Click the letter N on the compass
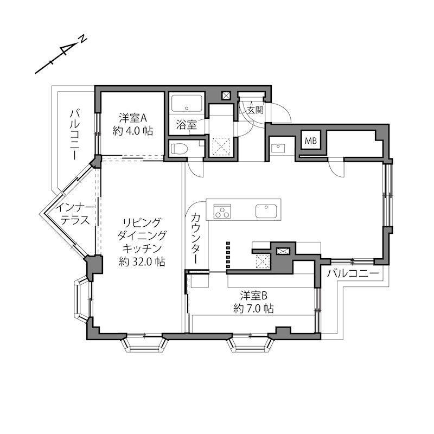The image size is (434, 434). pyautogui.click(x=83, y=39)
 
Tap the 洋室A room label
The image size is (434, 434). pyautogui.click(x=133, y=118)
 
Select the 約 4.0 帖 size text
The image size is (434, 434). pyautogui.click(x=133, y=131)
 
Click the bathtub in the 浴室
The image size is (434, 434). pyautogui.click(x=187, y=103)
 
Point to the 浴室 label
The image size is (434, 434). pyautogui.click(x=187, y=125)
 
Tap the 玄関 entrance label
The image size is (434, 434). pyautogui.click(x=255, y=110)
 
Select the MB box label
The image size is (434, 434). pyautogui.click(x=311, y=141)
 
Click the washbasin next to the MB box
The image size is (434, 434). pyautogui.click(x=278, y=148)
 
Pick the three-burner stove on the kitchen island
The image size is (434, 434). pyautogui.click(x=222, y=212)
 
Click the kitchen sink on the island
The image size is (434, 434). pyautogui.click(x=266, y=212)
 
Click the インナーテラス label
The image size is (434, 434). pyautogui.click(x=75, y=213)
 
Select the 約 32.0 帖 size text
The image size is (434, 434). pyautogui.click(x=142, y=261)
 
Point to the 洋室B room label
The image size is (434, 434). pyautogui.click(x=253, y=296)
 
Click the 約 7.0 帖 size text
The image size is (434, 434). pyautogui.click(x=253, y=309)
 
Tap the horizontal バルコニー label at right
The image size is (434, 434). pyautogui.click(x=353, y=274)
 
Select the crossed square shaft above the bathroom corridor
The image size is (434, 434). pyautogui.click(x=226, y=96)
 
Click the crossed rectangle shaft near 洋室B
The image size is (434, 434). pyautogui.click(x=283, y=251)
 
